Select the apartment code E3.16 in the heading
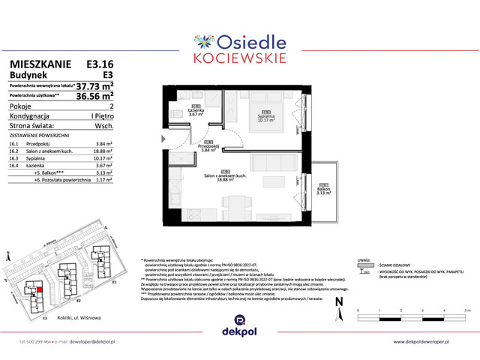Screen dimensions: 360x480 coord(99,64)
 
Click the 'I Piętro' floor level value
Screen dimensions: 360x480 coord(101,116)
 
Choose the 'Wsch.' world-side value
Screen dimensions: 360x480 coord(103,126)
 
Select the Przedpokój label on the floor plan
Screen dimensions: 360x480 coord(208,148)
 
